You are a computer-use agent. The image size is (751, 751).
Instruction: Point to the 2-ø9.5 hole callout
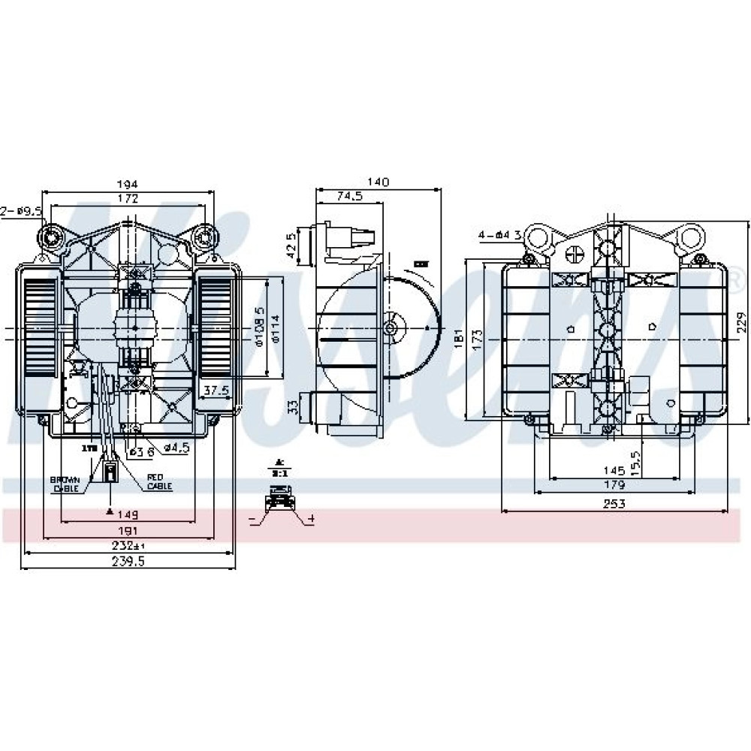coord(20,212)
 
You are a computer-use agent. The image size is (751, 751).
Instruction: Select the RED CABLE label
coord(159,481)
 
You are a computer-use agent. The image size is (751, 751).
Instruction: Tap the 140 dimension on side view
coord(379,182)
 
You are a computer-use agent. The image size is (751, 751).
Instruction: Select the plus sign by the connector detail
coord(311,518)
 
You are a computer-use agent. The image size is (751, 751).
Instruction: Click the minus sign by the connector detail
coord(251,518)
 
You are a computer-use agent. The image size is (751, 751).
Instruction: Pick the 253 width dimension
coord(614,504)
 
